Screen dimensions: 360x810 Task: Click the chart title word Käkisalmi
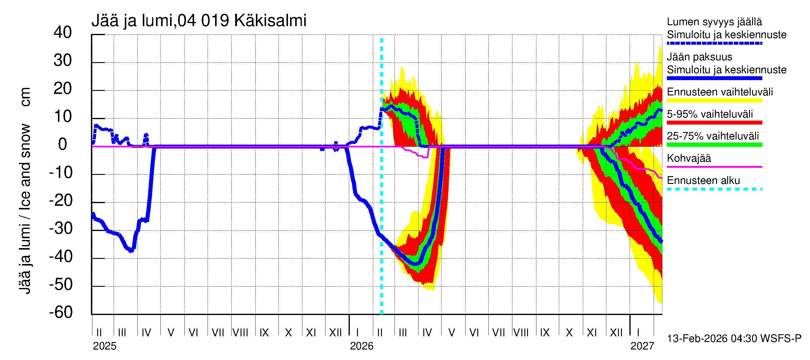(x=270, y=21)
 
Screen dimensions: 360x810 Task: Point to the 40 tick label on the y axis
(x=63, y=32)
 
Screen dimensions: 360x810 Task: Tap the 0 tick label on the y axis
(x=63, y=144)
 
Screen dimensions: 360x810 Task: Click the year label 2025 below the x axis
(x=104, y=346)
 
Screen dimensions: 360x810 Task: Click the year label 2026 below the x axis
(x=361, y=346)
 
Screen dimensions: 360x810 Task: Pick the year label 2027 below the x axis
(x=642, y=346)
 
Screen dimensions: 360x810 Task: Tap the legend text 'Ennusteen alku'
(x=703, y=181)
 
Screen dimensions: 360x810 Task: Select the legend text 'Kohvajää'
(x=688, y=158)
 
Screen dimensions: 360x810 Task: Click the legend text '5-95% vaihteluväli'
(x=710, y=114)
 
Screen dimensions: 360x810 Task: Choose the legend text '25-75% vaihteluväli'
(x=712, y=136)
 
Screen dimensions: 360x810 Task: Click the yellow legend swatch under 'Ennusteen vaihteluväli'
(x=714, y=100)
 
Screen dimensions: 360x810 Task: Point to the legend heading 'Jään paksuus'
(x=699, y=57)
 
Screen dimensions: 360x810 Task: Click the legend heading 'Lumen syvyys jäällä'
(x=714, y=22)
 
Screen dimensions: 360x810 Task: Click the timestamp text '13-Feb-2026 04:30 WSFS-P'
(x=734, y=339)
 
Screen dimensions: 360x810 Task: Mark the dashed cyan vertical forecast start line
(x=381, y=189)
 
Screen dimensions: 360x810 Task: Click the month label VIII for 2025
(x=240, y=333)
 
